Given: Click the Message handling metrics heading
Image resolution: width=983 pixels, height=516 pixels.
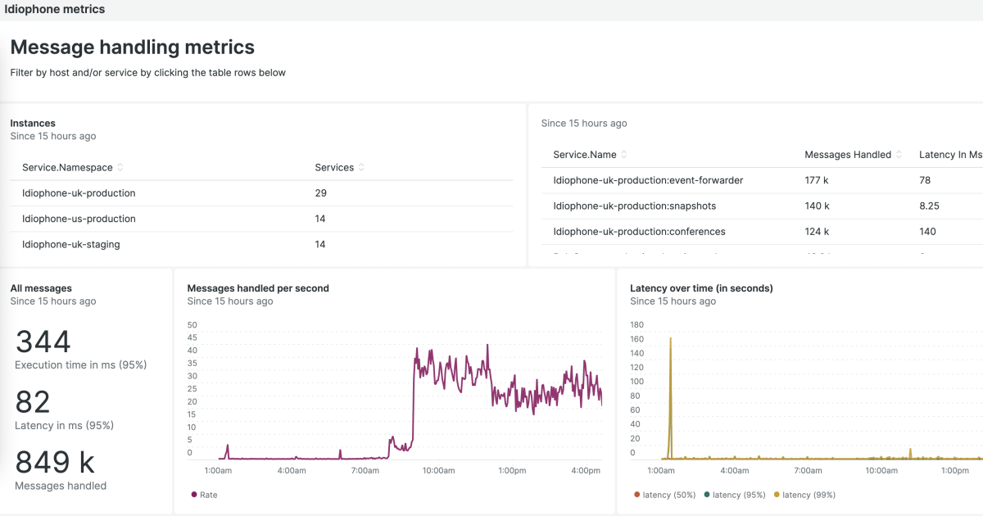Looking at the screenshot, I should [132, 48].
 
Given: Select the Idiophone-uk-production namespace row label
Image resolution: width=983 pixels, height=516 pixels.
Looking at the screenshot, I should [79, 193].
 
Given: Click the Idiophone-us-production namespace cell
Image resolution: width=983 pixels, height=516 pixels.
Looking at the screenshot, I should [79, 219].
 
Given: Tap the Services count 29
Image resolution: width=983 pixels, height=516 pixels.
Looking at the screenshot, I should [320, 193].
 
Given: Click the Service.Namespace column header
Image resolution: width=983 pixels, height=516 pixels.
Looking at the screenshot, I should [67, 167].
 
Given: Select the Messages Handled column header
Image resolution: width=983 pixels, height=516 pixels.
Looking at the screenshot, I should [848, 155].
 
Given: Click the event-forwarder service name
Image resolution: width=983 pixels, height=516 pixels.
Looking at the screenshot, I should [648, 180].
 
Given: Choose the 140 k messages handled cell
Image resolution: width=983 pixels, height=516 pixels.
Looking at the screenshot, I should [817, 206].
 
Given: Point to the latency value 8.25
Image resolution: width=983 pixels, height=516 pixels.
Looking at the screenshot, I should [928, 206].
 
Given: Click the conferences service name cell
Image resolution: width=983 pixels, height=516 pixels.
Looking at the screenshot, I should [639, 231].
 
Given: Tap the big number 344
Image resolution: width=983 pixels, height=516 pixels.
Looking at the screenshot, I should [43, 342].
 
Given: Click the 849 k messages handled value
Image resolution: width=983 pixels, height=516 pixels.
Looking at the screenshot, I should [55, 463].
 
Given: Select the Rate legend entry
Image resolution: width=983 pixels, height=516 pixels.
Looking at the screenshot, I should [208, 495].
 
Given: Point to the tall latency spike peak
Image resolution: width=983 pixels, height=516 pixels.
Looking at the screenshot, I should [670, 338].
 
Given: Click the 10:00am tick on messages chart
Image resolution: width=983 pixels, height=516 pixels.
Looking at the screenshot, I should [437, 471].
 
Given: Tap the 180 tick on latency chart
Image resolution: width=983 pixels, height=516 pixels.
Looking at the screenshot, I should [637, 324].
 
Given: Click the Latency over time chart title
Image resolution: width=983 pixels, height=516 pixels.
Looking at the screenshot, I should [701, 288].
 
